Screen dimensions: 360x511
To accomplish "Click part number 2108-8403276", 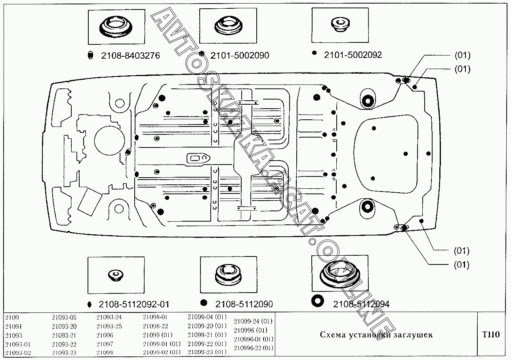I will click(x=130, y=56).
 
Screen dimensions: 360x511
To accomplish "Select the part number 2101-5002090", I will click(x=240, y=56).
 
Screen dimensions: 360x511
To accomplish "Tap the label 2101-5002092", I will click(x=353, y=55).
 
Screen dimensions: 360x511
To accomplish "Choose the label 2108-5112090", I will click(x=244, y=304).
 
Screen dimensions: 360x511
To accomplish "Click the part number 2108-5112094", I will click(x=361, y=304).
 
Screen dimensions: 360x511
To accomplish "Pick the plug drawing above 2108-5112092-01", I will click(x=115, y=275).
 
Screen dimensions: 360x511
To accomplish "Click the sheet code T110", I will click(x=491, y=335).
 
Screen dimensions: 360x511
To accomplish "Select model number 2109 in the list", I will click(x=12, y=318).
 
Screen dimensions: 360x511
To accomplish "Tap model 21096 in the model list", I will click(x=105, y=335).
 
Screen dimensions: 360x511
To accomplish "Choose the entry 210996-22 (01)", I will click(x=253, y=348).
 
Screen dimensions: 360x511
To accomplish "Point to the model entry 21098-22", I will click(x=155, y=326).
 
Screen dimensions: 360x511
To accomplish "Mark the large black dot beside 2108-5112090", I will click(x=204, y=303).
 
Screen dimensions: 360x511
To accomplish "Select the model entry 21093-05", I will click(x=64, y=318).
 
